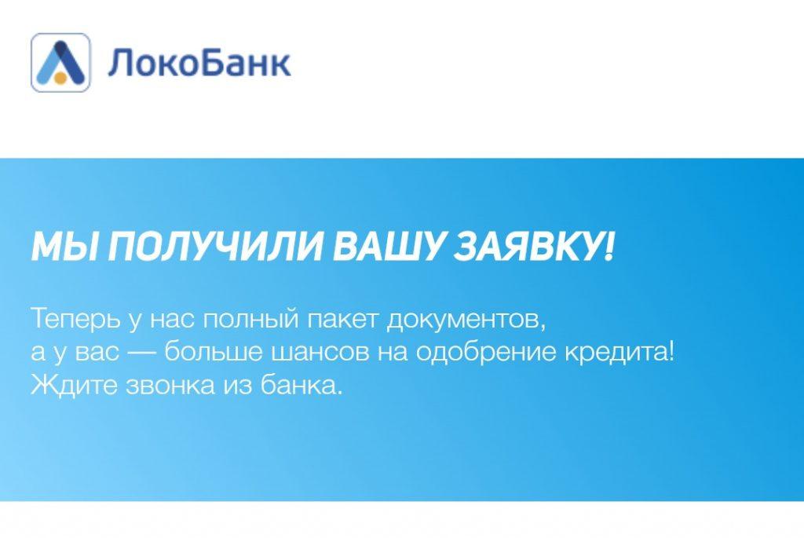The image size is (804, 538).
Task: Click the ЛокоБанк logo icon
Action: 60,63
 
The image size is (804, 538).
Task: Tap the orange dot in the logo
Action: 60,79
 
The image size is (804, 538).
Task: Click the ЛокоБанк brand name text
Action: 199,63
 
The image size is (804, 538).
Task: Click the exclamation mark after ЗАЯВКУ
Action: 608,247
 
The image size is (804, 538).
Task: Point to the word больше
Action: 213,352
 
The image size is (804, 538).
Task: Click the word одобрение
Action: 485,352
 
